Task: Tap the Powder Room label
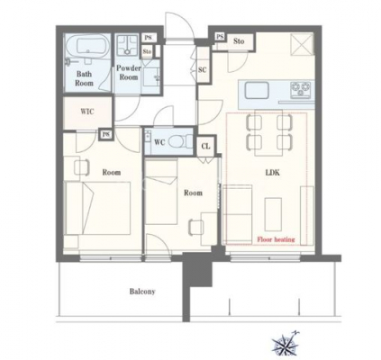129,73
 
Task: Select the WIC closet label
87,112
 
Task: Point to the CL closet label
205,147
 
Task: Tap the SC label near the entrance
203,70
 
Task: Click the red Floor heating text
276,239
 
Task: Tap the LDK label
272,173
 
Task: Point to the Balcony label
142,292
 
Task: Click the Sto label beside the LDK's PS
239,41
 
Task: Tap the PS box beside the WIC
105,134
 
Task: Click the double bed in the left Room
97,208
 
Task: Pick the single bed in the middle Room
161,192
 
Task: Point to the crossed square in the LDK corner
302,44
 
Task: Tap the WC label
159,142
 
